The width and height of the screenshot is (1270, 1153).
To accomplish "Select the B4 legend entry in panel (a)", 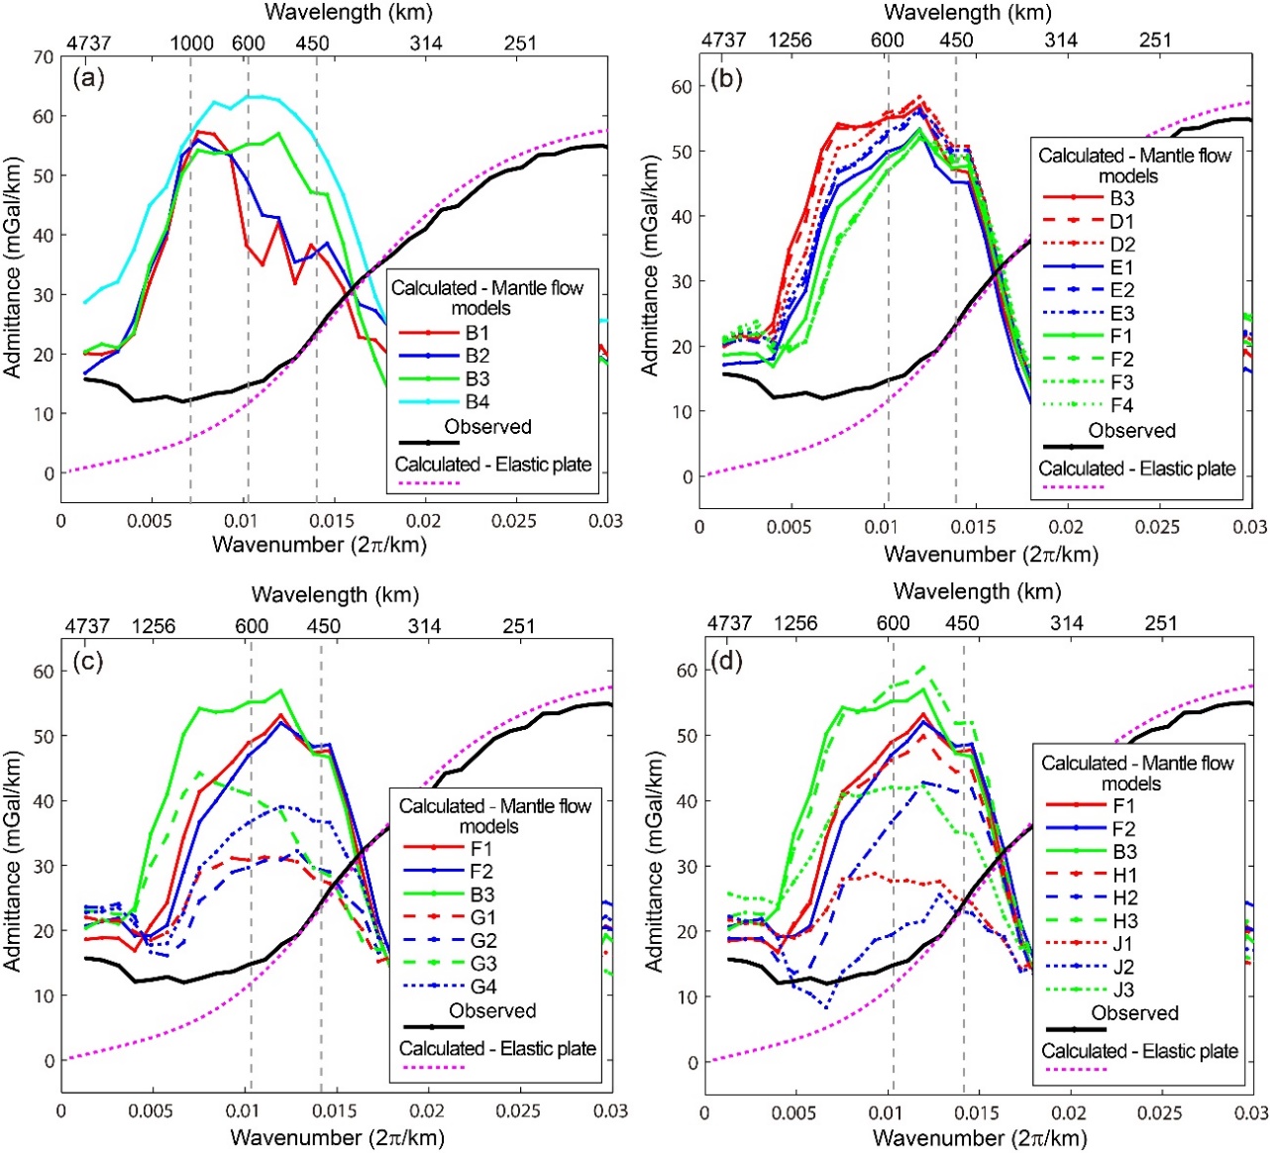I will point(477,401).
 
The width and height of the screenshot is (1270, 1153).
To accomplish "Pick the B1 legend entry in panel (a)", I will point(477,332).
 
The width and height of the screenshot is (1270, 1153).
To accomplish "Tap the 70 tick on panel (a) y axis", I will point(43,57).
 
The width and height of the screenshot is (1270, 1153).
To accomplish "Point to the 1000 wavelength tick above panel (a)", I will point(191,43).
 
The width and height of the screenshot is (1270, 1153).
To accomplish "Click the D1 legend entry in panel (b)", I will point(1121,221).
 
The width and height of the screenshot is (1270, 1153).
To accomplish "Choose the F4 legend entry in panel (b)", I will point(1121,404).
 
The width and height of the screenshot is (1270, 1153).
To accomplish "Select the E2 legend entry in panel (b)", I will point(1121,289).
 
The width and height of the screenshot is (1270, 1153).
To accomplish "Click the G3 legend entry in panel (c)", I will point(483,963).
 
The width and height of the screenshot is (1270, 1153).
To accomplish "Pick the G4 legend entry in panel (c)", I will point(483,987).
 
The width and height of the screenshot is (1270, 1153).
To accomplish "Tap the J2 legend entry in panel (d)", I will point(1122,966).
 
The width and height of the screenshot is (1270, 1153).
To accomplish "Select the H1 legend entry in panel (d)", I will point(1124,875).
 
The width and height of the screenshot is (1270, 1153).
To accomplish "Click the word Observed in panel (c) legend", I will point(492,1010).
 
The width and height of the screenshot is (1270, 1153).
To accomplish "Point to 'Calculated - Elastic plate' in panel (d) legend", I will point(1139,1051).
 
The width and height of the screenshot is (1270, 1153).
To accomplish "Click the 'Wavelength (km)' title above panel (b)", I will point(967,13).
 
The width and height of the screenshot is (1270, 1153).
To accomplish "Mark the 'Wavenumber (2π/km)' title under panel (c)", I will point(337,1137).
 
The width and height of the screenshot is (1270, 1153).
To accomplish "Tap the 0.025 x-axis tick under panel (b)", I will point(1157,527).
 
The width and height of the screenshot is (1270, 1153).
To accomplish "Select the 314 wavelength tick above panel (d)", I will point(1066,623).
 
